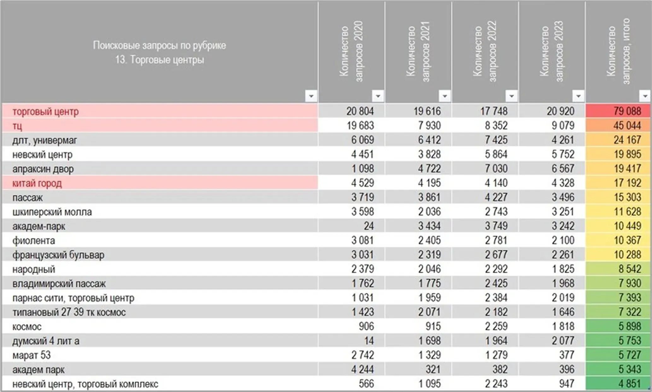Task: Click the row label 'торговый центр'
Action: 45,112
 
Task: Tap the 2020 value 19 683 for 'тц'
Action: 360,126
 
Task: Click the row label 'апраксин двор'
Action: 43,169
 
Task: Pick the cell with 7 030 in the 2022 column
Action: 496,169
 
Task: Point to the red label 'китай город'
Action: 37,183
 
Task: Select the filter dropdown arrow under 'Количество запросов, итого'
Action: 644,96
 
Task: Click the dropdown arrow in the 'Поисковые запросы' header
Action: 311,96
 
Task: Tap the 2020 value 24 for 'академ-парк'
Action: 368,226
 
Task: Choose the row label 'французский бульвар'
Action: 58,255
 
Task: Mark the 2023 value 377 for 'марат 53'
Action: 567,355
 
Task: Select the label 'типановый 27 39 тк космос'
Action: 69,312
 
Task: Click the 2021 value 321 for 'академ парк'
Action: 433,369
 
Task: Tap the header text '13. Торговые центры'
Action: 160,60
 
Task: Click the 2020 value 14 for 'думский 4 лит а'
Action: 369,341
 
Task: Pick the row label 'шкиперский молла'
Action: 52,212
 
